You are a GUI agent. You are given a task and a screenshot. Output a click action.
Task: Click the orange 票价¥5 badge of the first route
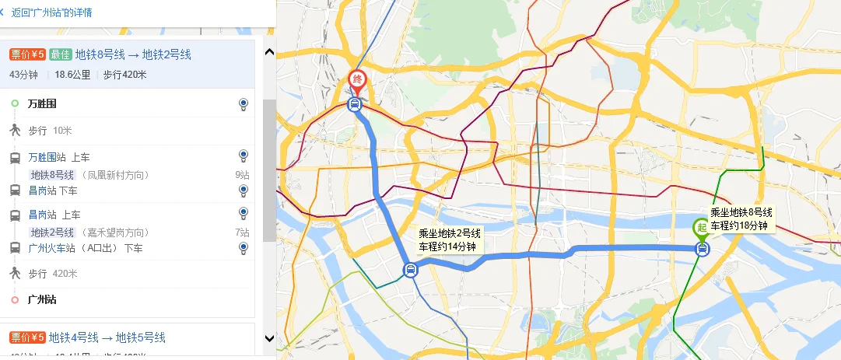27,54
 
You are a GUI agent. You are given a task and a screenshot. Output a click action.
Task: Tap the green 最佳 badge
60,54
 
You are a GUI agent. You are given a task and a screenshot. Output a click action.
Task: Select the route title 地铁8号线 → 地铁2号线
133,54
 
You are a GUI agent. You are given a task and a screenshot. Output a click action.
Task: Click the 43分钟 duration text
23,75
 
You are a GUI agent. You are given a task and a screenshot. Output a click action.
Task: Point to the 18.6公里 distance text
72,75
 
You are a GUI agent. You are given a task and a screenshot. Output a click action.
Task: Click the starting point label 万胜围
42,103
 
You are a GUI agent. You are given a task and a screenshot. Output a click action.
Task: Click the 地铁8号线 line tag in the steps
52,175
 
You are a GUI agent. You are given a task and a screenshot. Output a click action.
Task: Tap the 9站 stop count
243,175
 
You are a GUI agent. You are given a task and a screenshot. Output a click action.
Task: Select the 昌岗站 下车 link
53,190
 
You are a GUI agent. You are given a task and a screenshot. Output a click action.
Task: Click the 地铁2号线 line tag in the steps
52,232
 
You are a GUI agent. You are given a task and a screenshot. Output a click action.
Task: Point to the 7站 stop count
243,232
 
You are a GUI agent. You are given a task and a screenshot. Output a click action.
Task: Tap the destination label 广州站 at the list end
42,299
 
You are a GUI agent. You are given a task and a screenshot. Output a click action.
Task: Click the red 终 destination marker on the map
357,79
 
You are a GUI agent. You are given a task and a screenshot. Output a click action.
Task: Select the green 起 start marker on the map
702,228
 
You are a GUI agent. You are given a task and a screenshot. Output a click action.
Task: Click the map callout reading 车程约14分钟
447,246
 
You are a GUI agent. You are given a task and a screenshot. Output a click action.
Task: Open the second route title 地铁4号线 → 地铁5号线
107,337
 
